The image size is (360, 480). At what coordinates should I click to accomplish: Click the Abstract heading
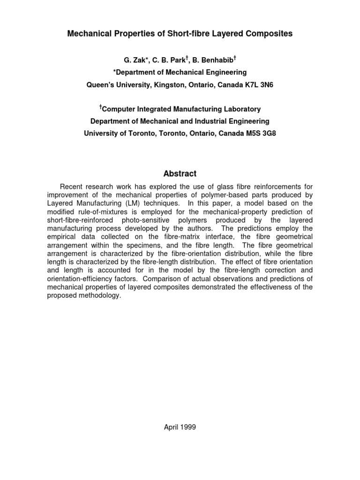[180, 173]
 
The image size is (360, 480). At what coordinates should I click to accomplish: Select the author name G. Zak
[134, 60]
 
